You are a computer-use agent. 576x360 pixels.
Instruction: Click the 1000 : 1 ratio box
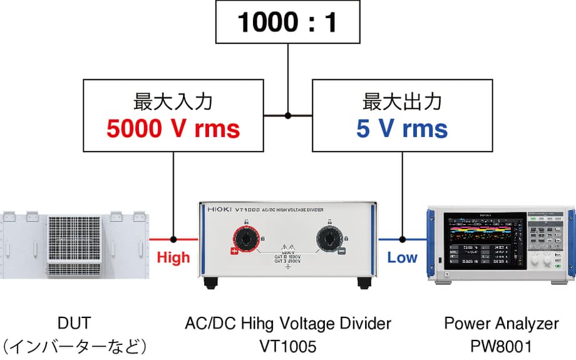287,23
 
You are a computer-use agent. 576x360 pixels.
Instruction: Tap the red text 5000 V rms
173,129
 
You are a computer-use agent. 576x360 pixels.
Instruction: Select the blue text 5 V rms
402,129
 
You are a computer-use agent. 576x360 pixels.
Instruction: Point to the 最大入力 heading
173,101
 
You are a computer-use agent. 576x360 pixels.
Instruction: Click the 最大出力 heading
402,101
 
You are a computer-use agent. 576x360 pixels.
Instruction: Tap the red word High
173,257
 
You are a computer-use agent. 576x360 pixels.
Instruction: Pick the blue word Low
402,257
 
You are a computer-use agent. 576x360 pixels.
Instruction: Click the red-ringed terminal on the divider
245,239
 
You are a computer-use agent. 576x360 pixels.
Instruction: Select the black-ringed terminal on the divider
330,239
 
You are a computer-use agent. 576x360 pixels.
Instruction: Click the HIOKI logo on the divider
217,212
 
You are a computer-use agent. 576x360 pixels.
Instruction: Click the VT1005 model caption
288,346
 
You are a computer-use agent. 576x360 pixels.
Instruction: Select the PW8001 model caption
501,346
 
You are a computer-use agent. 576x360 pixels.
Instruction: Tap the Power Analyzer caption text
501,324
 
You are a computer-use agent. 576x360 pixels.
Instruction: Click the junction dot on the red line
173,239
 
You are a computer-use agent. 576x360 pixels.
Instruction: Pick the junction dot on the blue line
402,239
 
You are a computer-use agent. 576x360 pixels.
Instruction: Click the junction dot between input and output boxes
288,115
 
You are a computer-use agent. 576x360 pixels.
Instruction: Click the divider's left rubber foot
210,282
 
